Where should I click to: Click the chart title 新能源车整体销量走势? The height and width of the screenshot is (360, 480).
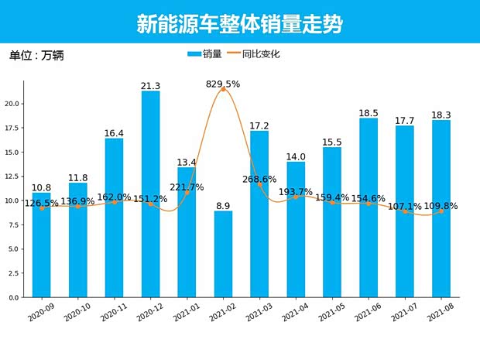(x=239, y=24)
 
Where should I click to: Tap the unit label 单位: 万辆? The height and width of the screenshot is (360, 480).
(x=37, y=56)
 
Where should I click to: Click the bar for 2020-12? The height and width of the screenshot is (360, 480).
(x=150, y=194)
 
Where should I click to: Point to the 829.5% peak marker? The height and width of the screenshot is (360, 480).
(x=223, y=90)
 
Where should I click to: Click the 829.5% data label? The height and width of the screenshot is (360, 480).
(x=223, y=84)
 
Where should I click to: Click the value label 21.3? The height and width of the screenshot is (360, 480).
(x=150, y=86)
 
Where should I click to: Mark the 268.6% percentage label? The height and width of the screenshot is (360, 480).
(x=259, y=179)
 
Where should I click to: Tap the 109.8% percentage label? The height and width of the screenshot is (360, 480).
(x=441, y=207)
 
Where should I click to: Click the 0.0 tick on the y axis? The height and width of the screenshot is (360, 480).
(x=13, y=297)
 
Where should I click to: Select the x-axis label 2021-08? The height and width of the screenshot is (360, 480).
(x=439, y=316)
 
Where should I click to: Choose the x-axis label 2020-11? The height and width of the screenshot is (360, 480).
(x=112, y=316)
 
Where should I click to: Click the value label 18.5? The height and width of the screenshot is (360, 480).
(x=369, y=113)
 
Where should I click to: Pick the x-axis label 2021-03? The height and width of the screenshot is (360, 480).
(x=258, y=316)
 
